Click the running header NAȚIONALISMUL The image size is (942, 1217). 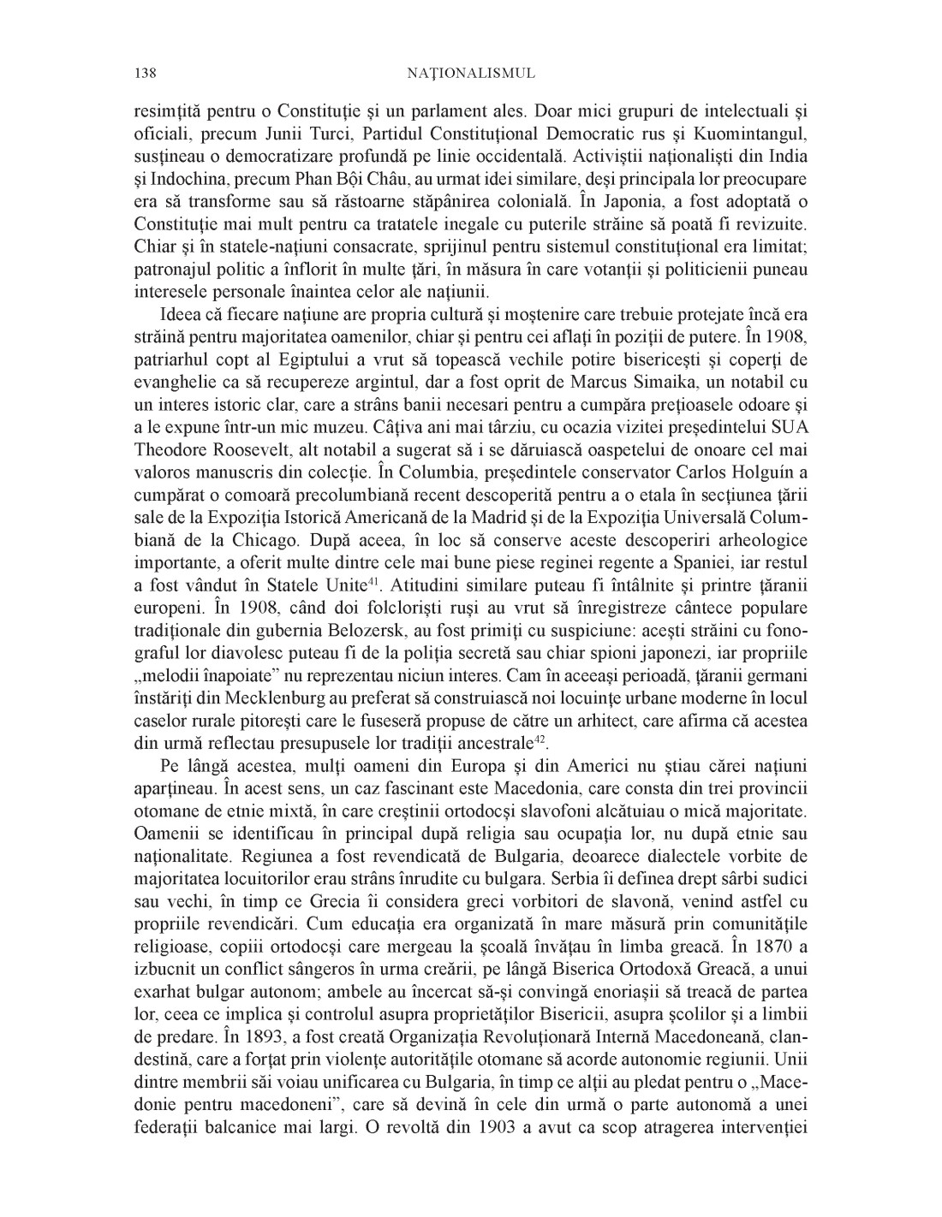click(x=470, y=74)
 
